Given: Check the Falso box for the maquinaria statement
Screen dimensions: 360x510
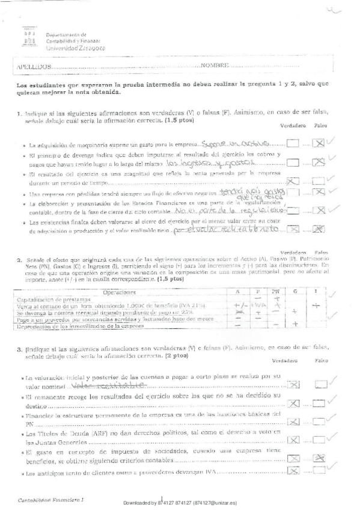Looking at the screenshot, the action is (x=320, y=143).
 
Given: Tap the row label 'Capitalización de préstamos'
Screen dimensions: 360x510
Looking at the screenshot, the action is (x=53, y=298).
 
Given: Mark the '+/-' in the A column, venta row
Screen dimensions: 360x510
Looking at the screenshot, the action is (x=238, y=305).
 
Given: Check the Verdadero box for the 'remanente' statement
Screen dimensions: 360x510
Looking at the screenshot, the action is (x=293, y=402).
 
